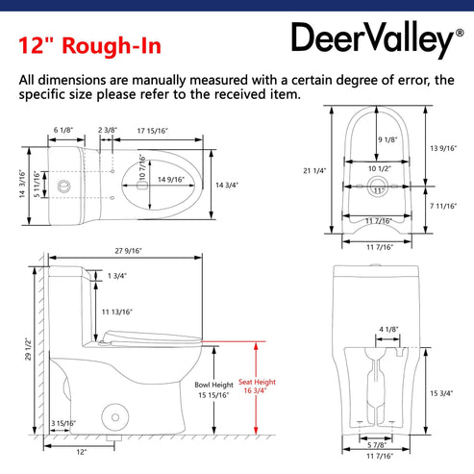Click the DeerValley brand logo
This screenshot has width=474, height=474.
tap(377, 39)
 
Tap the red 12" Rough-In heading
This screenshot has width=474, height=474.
tap(89, 45)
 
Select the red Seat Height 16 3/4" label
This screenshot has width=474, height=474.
tap(257, 387)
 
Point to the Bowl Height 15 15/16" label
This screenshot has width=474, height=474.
tap(213, 389)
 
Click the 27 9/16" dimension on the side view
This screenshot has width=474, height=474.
tap(128, 251)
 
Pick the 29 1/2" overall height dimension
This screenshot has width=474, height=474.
tap(29, 349)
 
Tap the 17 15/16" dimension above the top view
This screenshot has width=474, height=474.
tap(153, 131)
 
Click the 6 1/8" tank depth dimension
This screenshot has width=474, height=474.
tap(63, 130)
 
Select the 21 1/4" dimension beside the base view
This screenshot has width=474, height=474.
tap(314, 170)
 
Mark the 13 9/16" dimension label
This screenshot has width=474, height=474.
tap(443, 148)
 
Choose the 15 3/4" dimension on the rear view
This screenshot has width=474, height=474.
tap(441, 393)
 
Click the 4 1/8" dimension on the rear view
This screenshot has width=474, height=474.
tap(388, 329)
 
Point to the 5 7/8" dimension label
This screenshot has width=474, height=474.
tap(377, 445)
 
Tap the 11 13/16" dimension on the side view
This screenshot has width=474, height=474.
tap(117, 312)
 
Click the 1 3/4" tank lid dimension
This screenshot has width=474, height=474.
tap(117, 276)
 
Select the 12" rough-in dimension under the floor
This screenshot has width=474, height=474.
tap(82, 452)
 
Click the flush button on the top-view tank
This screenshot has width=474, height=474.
tap(63, 187)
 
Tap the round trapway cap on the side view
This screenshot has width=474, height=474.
tap(115, 417)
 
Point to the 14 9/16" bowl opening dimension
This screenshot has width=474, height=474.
tap(171, 180)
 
